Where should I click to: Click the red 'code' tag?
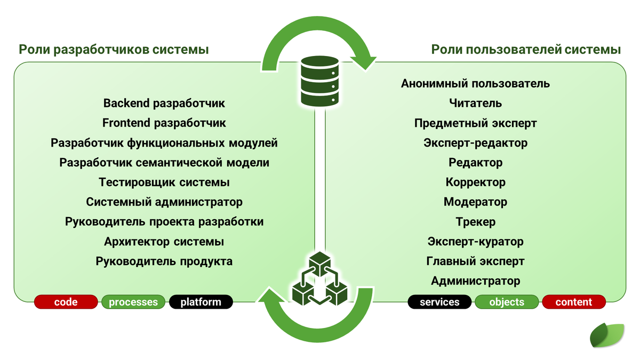[x=66, y=302]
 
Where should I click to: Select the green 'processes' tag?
[x=133, y=302]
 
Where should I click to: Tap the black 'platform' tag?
[x=201, y=302]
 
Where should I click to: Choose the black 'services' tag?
[x=439, y=302]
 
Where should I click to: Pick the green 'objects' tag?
[x=507, y=302]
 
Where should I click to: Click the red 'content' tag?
[x=574, y=302]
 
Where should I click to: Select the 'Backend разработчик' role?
[x=164, y=103]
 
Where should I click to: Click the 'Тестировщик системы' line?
[x=164, y=182]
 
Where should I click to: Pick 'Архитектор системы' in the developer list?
[x=164, y=242]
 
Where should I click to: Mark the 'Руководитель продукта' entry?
[x=164, y=261]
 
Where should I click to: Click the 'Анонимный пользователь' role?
[x=475, y=84]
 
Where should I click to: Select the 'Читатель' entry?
[x=475, y=103]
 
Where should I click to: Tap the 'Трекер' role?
[x=475, y=222]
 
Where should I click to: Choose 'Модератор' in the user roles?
[x=475, y=202]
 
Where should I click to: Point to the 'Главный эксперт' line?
[x=475, y=261]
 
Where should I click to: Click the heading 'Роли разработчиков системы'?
[x=114, y=50]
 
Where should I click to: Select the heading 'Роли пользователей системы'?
[x=525, y=50]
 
